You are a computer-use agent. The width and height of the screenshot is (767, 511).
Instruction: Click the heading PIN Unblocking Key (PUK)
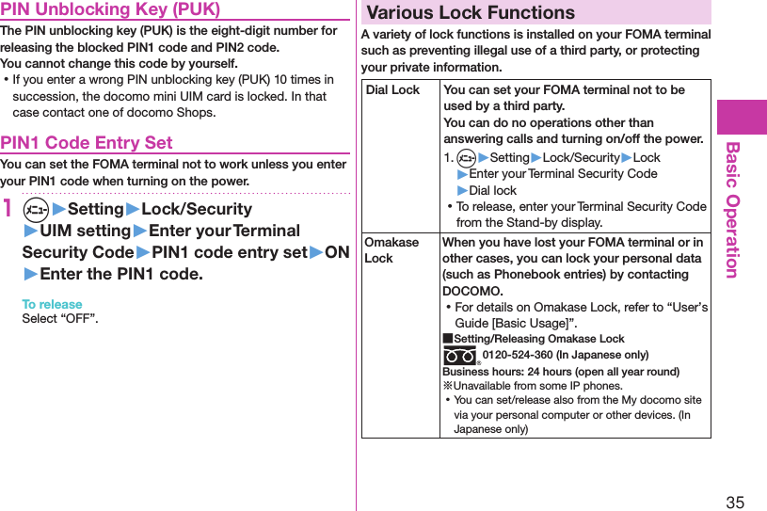(x=110, y=9)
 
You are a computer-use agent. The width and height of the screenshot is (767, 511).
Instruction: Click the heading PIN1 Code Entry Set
(x=87, y=143)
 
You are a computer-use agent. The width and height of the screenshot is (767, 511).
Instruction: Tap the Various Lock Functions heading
(x=471, y=13)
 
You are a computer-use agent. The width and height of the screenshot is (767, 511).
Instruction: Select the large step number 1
(x=8, y=208)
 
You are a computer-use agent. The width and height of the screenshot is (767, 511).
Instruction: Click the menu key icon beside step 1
(x=34, y=209)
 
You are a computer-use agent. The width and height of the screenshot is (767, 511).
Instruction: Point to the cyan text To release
(x=52, y=304)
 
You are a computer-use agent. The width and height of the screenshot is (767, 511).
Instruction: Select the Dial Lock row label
(x=392, y=90)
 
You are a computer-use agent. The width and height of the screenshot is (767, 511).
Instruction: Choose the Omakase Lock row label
(x=391, y=250)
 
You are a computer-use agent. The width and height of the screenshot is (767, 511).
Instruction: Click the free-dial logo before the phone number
(x=460, y=357)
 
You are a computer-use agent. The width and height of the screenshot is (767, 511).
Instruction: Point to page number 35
(x=735, y=502)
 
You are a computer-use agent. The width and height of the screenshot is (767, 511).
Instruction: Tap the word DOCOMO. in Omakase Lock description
(x=472, y=291)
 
